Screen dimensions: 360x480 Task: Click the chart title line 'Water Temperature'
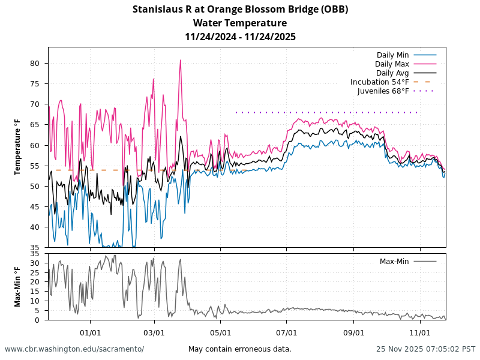pos(240,23)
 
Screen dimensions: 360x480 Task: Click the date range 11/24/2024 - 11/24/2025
pos(240,37)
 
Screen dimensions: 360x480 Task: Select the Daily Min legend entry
pos(393,55)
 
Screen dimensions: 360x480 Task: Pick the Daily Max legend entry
pos(392,64)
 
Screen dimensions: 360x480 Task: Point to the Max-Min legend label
pos(394,262)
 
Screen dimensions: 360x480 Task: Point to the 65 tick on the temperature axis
pos(35,125)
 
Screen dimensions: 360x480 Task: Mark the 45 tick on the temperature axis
pos(35,206)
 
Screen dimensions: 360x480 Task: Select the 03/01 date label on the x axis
pos(155,332)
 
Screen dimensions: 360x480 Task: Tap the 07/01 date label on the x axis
pos(287,332)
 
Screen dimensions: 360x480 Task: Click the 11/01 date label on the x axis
pos(420,332)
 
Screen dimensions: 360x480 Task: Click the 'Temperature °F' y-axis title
pos(18,147)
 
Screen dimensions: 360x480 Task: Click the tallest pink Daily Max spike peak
pos(180,60)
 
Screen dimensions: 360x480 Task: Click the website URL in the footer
pos(74,349)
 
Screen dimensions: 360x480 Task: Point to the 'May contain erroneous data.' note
pos(240,349)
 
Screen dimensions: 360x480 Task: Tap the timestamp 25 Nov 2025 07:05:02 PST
pos(426,349)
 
